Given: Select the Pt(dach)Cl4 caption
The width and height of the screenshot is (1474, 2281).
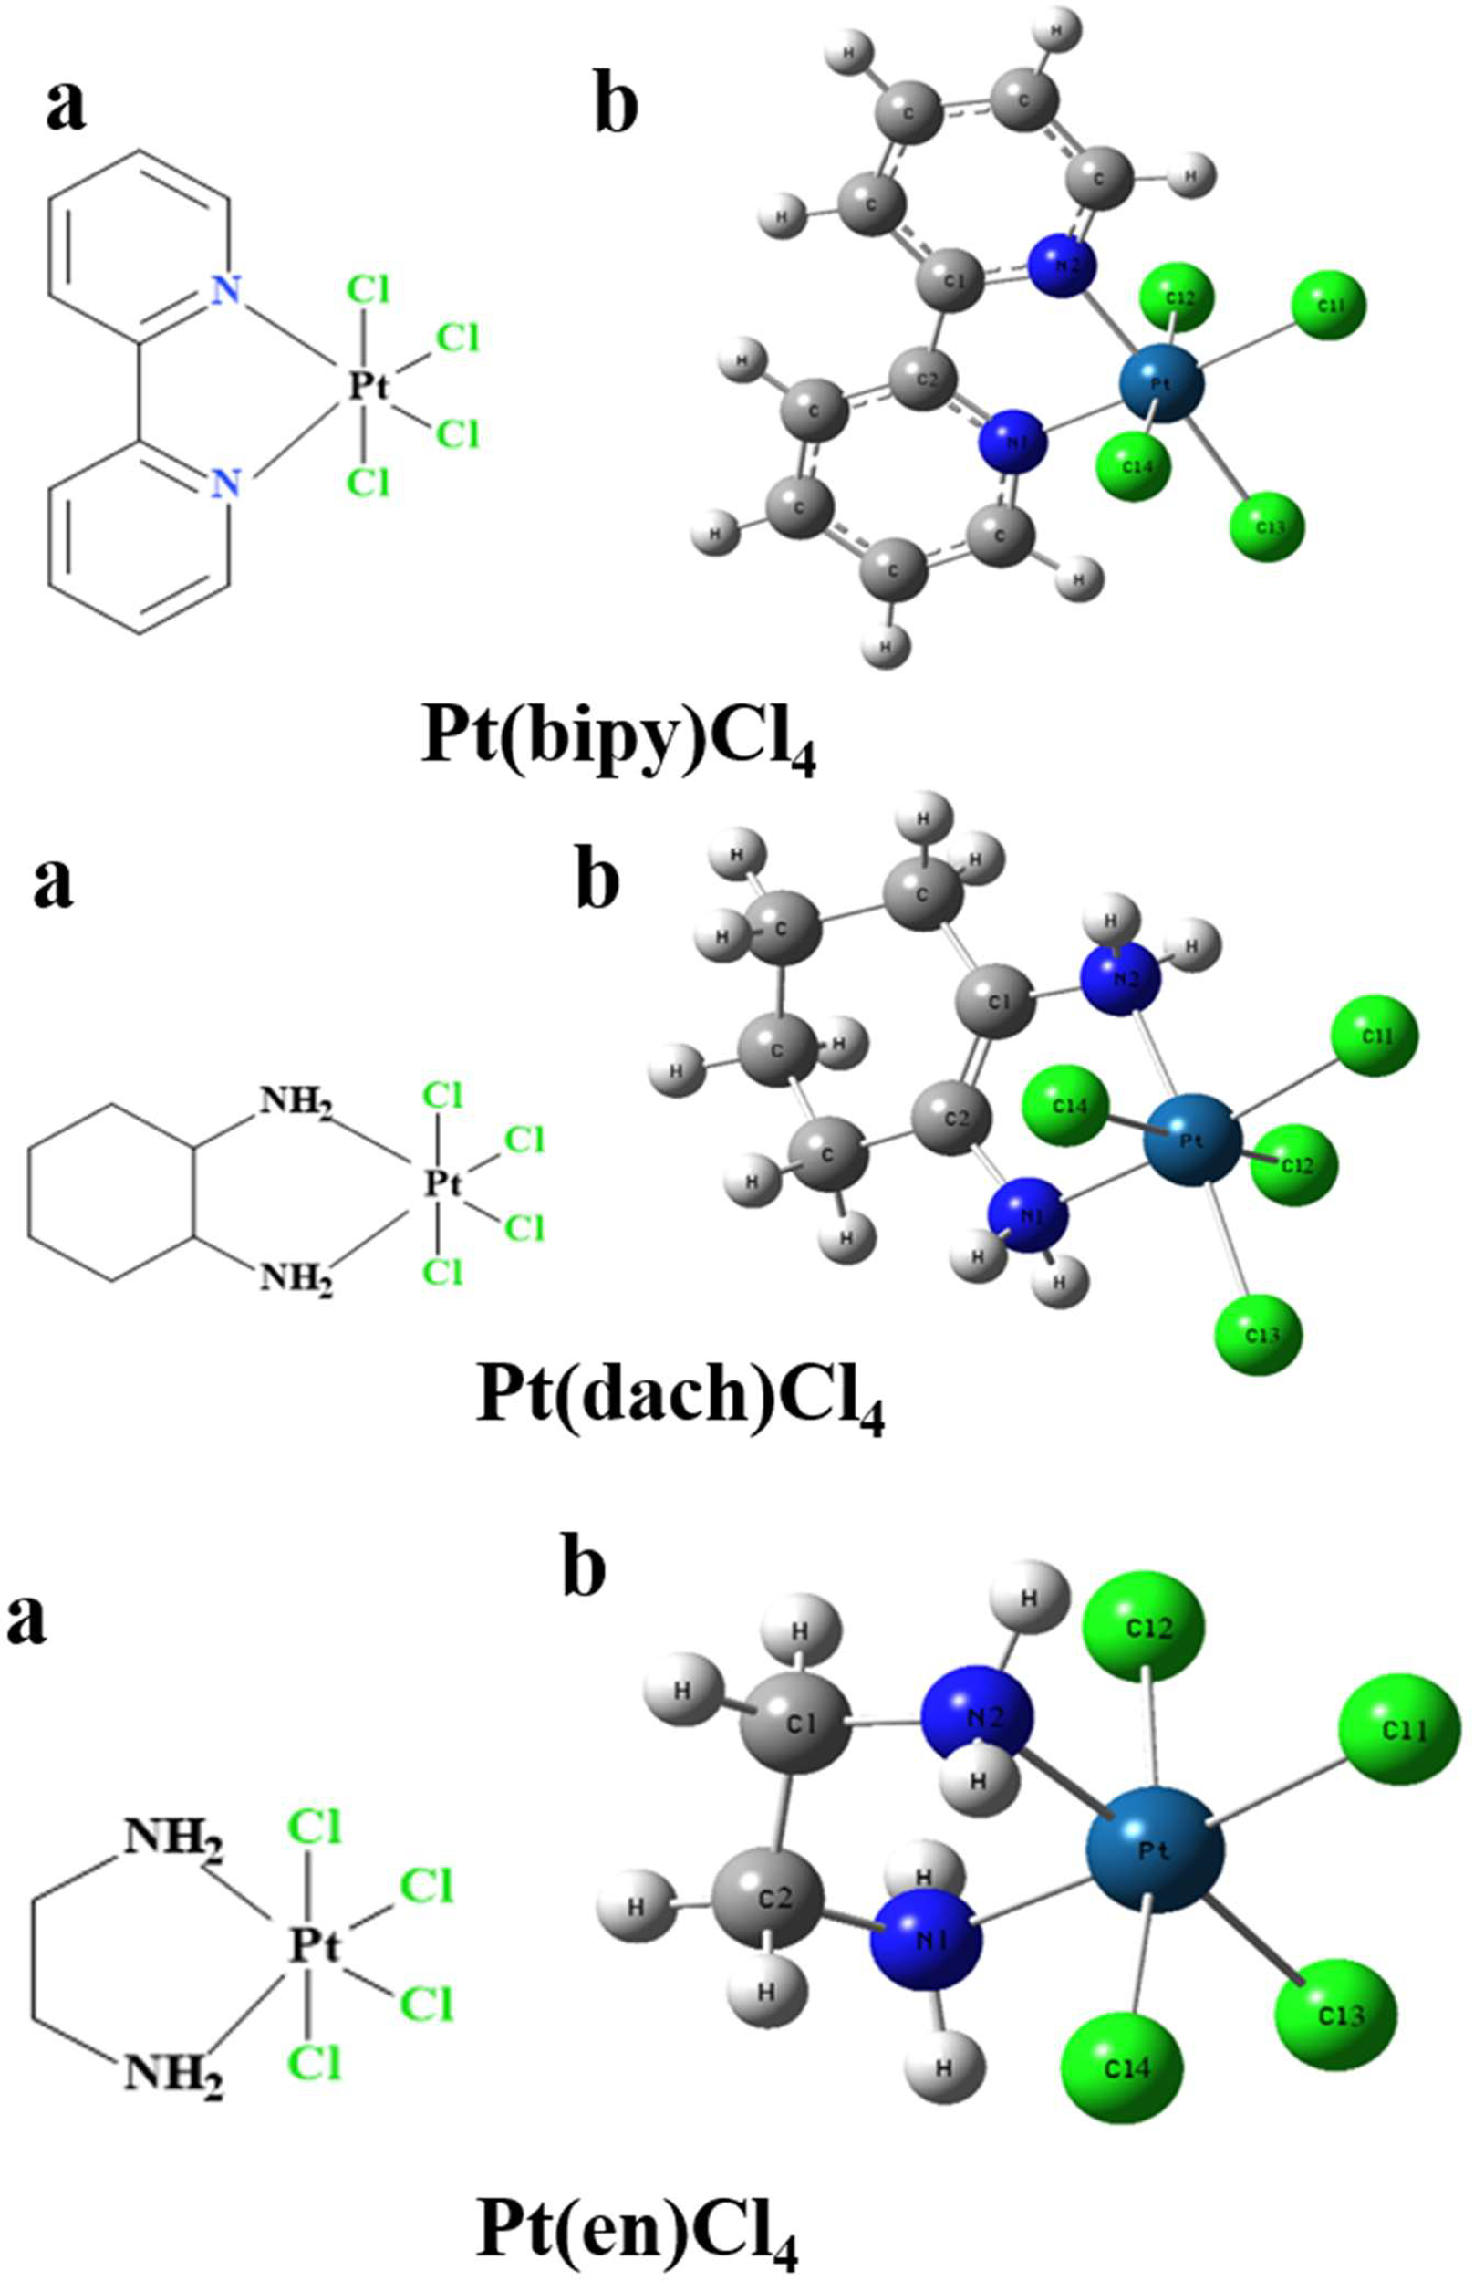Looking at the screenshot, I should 680,1404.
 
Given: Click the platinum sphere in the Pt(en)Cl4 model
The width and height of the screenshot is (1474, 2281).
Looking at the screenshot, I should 1156,1851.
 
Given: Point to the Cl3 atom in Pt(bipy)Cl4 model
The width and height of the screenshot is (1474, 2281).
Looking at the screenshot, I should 1267,527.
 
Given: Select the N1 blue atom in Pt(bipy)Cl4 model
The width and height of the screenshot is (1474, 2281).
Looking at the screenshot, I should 1012,442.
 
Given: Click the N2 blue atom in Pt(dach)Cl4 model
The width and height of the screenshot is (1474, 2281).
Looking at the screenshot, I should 1119,978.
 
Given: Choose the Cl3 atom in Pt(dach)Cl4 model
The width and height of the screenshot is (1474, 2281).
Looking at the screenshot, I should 1259,1333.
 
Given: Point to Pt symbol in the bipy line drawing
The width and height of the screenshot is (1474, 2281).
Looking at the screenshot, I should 368,386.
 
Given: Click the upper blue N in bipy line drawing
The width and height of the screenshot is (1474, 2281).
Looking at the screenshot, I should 226,290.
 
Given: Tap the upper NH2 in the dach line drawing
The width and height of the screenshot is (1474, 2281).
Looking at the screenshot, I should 296,1107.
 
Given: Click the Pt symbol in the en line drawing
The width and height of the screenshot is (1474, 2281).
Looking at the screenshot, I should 315,1945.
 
